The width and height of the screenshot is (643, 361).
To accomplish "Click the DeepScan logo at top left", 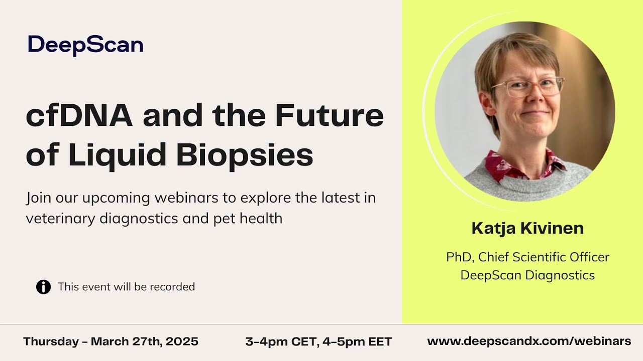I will [x=85, y=45].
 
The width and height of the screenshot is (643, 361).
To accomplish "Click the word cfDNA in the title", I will [x=79, y=116].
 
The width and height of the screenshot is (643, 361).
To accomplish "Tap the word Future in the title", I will [x=329, y=116].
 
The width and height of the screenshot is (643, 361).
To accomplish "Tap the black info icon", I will [x=44, y=287].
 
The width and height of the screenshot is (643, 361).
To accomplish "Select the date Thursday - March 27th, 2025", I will [x=111, y=342].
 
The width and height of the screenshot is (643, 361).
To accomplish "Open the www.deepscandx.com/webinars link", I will [x=529, y=341].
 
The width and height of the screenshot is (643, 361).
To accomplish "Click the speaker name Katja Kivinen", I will [x=527, y=229].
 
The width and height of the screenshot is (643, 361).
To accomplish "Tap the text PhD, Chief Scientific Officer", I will [x=527, y=257].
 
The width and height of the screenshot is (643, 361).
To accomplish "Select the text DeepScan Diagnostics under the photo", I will [x=527, y=275].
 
